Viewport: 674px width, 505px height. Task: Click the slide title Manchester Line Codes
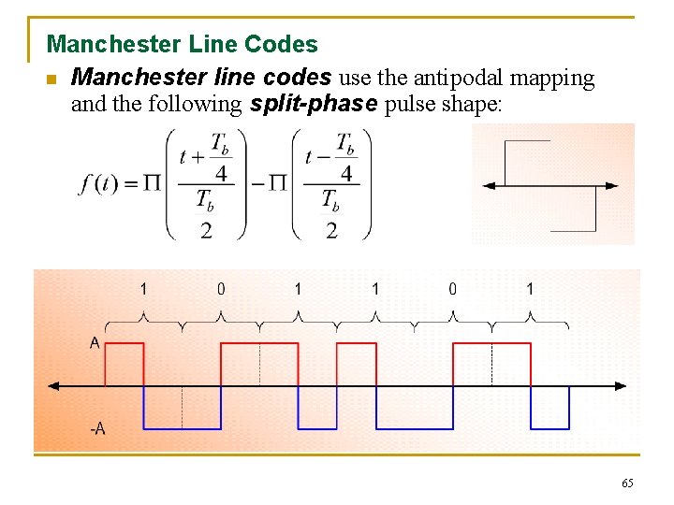tap(182, 44)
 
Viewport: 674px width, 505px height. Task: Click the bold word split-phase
tap(315, 104)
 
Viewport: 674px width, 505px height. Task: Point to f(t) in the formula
tap(97, 183)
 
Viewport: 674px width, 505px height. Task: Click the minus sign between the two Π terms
tap(257, 183)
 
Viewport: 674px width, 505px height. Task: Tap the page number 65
tap(627, 483)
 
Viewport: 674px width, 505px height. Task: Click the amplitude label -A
tap(97, 429)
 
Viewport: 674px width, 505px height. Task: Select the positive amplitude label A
tap(95, 343)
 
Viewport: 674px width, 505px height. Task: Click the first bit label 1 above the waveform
tap(143, 289)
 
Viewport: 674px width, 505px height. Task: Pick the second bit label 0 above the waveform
tap(221, 289)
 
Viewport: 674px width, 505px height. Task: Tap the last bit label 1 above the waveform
tap(530, 289)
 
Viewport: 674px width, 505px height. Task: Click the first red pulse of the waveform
tap(125, 363)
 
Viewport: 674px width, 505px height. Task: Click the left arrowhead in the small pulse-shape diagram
tap(489, 186)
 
